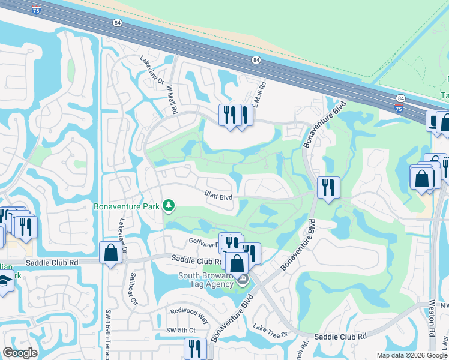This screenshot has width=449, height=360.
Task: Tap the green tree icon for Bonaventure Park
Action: (169, 206)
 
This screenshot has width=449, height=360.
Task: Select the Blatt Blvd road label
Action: (218, 196)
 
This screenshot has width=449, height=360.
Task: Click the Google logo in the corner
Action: (20, 353)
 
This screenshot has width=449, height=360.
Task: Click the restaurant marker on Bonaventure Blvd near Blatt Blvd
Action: (328, 187)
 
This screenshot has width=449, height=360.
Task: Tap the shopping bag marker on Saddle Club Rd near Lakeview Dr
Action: (111, 252)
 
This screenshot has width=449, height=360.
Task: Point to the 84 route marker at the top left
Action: (116, 22)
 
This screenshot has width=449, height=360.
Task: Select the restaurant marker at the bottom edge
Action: (194, 348)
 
